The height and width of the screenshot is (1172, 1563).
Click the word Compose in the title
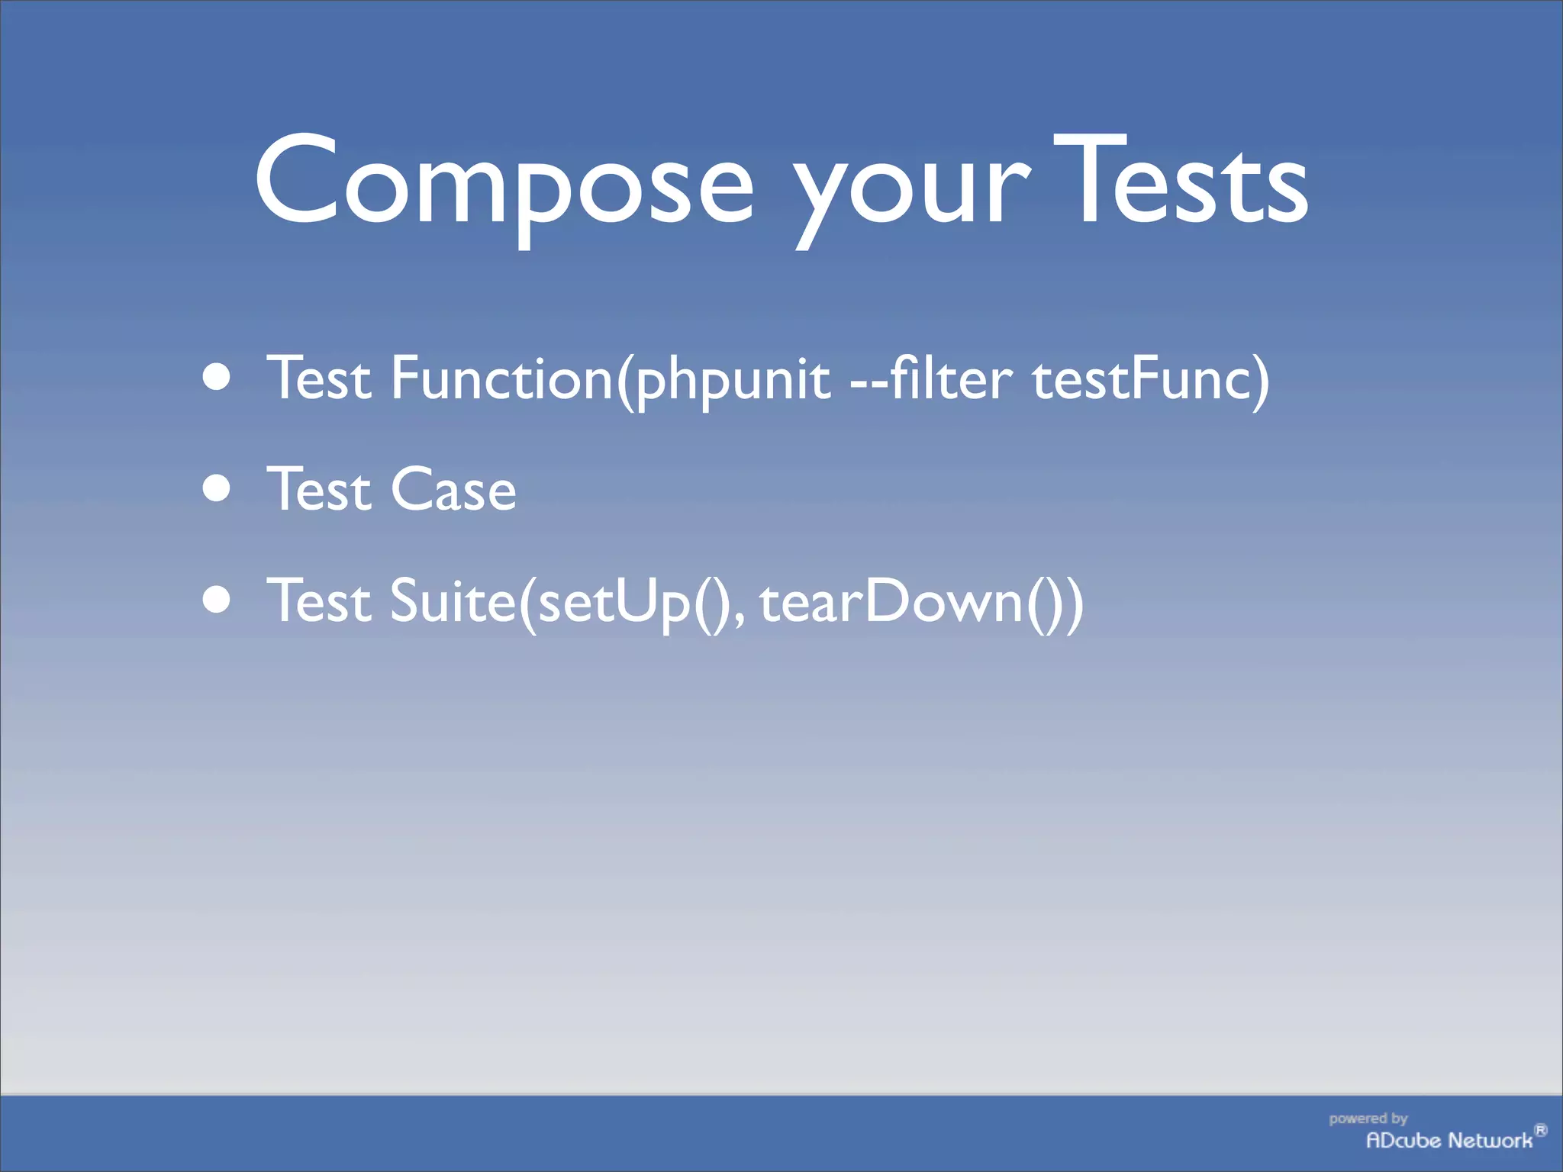(504, 183)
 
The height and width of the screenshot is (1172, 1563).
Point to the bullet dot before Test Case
(218, 488)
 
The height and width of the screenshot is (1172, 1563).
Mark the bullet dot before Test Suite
(218, 600)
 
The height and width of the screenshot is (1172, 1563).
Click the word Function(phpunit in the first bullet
(611, 378)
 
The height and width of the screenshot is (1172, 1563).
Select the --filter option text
(932, 378)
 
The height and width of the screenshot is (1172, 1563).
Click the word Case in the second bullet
(453, 489)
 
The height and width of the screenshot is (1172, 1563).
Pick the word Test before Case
(319, 489)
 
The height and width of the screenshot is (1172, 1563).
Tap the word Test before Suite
(319, 601)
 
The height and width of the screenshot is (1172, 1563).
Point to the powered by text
(1368, 1119)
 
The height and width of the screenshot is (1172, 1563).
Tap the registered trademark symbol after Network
(1540, 1130)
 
